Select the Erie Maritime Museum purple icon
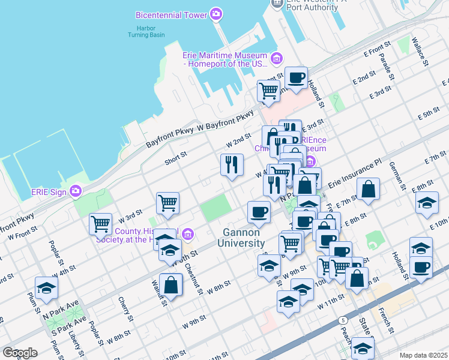click(x=276, y=58)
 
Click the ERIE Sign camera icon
click(x=76, y=191)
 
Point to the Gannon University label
click(x=243, y=238)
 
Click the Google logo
click(x=20, y=353)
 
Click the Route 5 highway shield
click(x=342, y=320)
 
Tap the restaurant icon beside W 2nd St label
click(x=231, y=164)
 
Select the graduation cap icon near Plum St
click(x=46, y=288)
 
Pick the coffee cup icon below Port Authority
click(x=296, y=77)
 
